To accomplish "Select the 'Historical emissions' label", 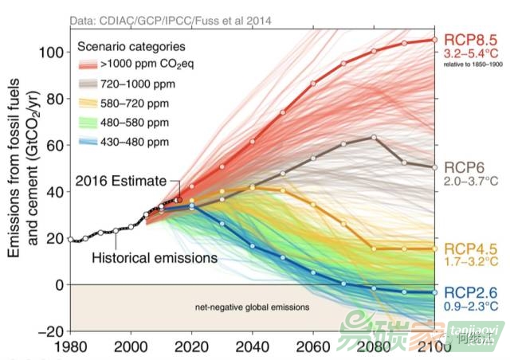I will [155, 258].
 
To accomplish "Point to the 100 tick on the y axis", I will [50, 53].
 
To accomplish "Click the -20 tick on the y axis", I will [50, 331].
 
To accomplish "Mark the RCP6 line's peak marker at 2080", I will [374, 137].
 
